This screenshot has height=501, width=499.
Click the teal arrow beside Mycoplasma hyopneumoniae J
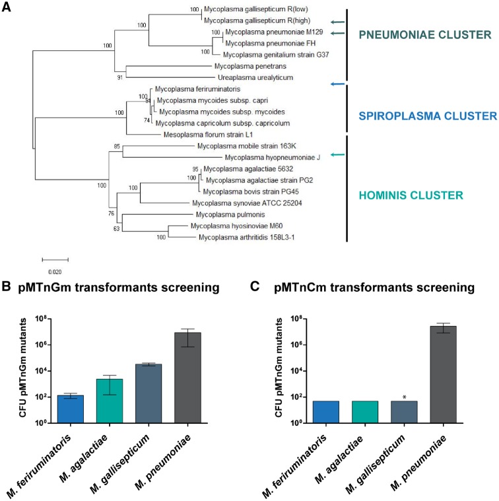coord(337,155)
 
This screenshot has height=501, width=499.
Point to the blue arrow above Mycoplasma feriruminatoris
coord(337,84)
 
